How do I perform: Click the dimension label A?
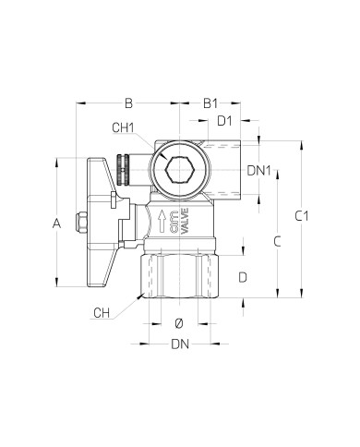56,223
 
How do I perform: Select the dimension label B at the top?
129,103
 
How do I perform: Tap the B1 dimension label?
210,103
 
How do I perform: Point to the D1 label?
224,120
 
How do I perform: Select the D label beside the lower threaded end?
242,276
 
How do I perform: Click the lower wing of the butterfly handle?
109,268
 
